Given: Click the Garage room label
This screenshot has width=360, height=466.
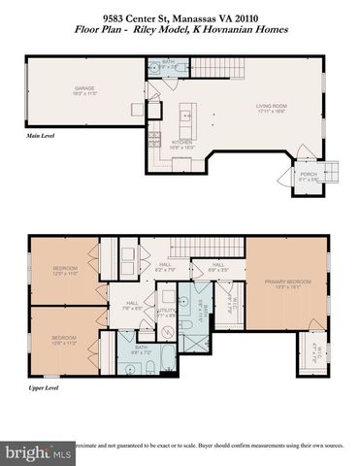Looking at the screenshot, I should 84,91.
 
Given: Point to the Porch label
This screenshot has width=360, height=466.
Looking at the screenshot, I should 308,178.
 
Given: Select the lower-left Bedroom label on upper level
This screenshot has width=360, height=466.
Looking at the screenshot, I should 64,339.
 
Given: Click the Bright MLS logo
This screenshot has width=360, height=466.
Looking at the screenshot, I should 39,452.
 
